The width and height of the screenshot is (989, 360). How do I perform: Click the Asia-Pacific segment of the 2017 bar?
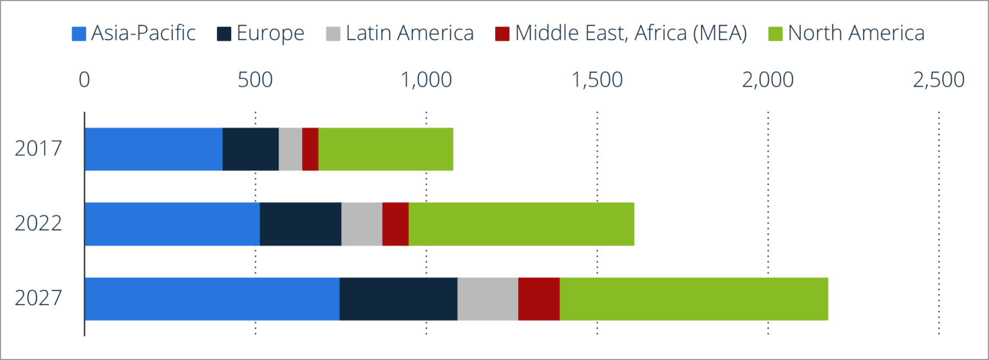[153, 149]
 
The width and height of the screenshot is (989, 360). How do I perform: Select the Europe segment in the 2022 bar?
[300, 223]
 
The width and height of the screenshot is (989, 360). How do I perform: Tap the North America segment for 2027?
[693, 298]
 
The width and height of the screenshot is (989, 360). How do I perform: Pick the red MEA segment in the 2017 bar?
[310, 149]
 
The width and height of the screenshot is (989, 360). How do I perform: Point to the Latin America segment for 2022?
[361, 223]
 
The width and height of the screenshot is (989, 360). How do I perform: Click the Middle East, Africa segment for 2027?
[538, 298]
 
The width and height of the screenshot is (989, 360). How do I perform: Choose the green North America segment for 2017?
[386, 149]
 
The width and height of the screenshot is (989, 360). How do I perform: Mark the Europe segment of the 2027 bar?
[398, 298]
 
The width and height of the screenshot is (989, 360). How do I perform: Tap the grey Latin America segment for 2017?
[290, 149]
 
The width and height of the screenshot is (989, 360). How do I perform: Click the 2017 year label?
[39, 149]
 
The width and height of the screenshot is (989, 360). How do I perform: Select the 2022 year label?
[39, 223]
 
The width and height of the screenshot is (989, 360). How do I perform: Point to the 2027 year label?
[39, 298]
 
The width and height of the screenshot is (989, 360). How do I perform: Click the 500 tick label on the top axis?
[255, 80]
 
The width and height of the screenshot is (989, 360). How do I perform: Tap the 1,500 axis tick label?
[597, 80]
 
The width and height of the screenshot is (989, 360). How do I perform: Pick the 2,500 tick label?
[938, 80]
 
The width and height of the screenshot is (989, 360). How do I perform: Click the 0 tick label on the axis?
[84, 80]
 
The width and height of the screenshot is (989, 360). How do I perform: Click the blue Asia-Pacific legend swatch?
[79, 33]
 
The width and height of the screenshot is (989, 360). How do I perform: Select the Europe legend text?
[270, 33]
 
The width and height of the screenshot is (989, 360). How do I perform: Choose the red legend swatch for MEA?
[502, 33]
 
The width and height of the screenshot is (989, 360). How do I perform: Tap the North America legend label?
[856, 33]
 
